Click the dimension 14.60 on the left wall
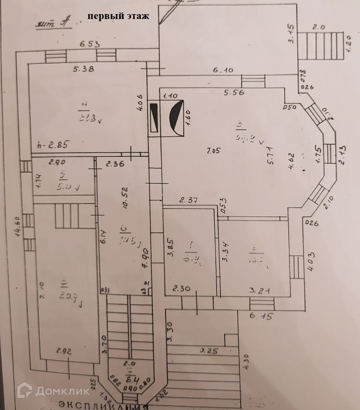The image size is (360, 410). coord(19,226)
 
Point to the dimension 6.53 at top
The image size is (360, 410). coord(90,44)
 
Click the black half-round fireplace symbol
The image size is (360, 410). coord(177,118)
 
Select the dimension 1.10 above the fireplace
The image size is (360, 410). coord(170,96)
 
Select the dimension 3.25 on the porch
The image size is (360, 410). coord(210,351)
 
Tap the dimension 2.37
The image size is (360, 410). coord(188,200)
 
